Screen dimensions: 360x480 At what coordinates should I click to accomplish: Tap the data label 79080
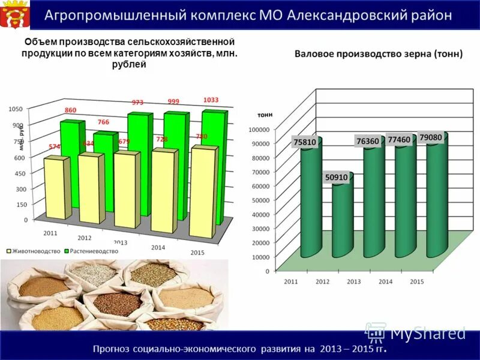431,137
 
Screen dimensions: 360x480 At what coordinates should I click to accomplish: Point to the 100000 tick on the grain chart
259,129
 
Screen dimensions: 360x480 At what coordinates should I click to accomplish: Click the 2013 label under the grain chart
354,281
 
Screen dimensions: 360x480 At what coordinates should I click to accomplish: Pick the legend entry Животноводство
34,251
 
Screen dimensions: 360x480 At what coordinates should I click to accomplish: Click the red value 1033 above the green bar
211,100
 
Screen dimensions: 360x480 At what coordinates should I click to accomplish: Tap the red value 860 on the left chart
70,110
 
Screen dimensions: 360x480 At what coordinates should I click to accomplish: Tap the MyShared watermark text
427,332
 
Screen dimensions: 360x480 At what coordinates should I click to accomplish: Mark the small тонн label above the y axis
265,114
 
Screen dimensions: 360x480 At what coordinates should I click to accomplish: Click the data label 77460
398,139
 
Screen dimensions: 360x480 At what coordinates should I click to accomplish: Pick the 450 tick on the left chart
20,173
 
